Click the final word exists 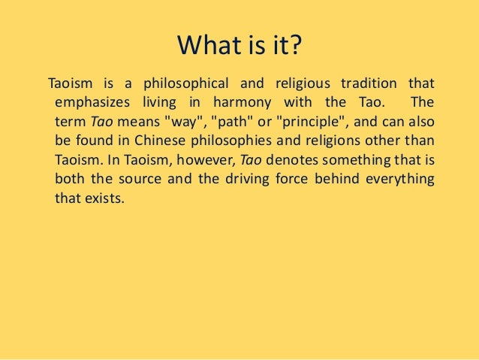point(100,199)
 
